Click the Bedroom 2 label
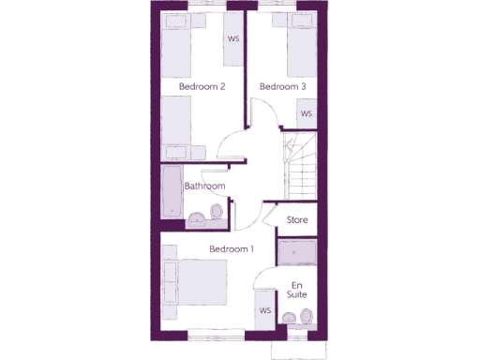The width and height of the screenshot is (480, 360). tap(202, 87)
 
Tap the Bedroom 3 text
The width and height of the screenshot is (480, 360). tap(282, 87)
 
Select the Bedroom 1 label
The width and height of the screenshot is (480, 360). tap(231, 248)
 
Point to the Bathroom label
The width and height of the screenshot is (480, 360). tap(204, 187)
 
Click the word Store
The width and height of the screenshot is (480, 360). tap(297, 220)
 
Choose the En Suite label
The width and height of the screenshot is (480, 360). tap(297, 290)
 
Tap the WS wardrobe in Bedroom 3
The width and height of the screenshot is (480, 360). tap(306, 113)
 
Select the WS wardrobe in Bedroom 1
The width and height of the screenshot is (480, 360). tap(265, 310)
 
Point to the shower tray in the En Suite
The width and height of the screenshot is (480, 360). tap(297, 252)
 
